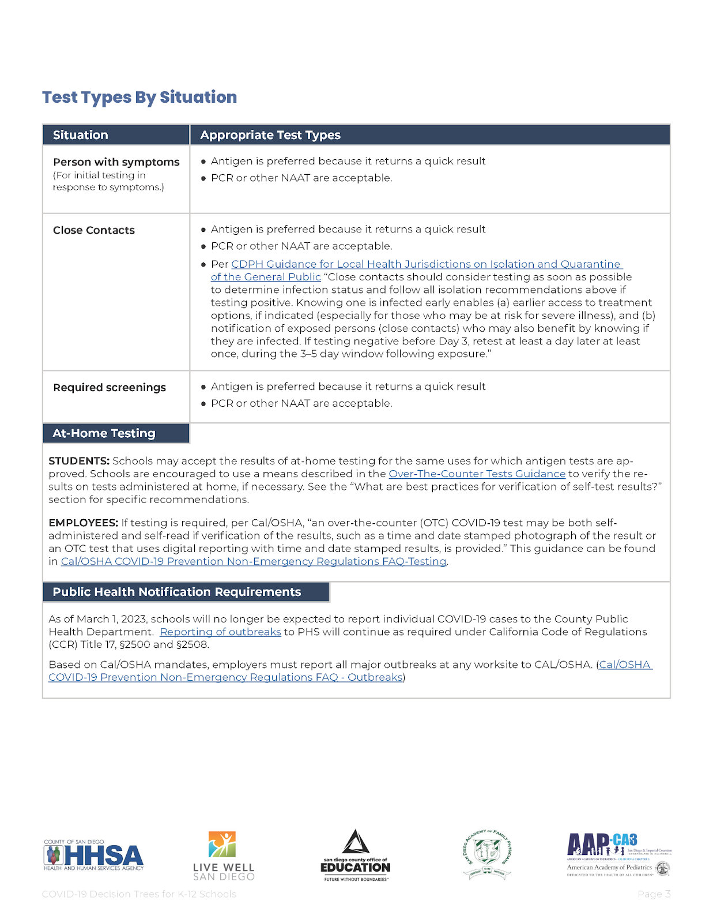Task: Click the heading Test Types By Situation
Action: [139, 97]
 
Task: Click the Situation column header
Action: [81, 135]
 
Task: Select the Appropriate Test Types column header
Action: [270, 135]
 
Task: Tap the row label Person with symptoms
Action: [116, 162]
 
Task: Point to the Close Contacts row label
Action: [94, 230]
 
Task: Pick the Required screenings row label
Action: [110, 388]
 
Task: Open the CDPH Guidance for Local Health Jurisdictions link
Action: [425, 264]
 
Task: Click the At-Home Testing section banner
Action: [104, 433]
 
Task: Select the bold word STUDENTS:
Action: [79, 461]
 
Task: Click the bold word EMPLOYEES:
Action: [83, 523]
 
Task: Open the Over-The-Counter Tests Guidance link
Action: [477, 474]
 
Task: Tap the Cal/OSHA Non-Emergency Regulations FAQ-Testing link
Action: [254, 561]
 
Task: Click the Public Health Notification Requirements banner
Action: [177, 592]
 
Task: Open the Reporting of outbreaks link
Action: [220, 632]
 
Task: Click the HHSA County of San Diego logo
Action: [94, 855]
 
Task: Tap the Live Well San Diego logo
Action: [224, 856]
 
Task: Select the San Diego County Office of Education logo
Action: [355, 856]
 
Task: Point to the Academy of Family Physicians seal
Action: [488, 853]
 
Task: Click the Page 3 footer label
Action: [654, 894]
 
